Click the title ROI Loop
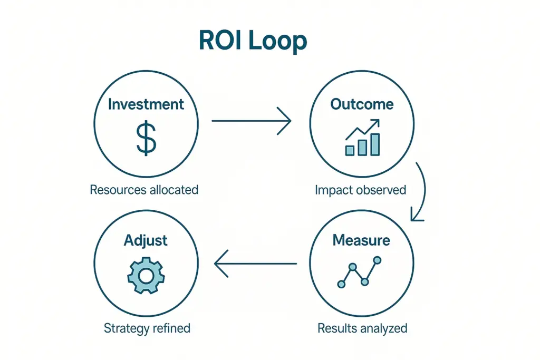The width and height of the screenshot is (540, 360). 252,41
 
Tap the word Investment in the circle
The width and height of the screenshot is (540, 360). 146,104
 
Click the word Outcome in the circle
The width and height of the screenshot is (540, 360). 362,104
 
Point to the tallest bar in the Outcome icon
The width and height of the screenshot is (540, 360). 375,144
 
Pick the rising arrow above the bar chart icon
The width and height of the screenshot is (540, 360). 363,130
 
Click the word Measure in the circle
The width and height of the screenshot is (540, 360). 362,241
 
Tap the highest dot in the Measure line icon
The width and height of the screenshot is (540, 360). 377,260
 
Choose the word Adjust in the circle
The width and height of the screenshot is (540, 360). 146,241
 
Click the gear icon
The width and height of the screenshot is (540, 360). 146,276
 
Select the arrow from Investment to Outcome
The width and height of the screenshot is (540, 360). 251,121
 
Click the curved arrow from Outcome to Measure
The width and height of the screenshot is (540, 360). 421,192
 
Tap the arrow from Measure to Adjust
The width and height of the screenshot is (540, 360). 255,263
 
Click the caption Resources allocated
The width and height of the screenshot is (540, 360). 144,190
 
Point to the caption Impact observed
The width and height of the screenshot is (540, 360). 360,190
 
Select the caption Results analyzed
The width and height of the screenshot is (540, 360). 362,328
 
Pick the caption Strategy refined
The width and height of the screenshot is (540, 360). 147,328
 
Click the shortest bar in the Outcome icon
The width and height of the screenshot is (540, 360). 350,150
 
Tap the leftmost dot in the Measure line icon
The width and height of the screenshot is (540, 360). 341,284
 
